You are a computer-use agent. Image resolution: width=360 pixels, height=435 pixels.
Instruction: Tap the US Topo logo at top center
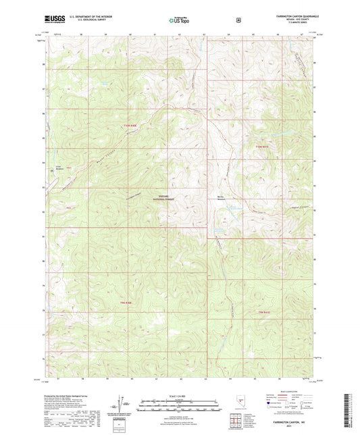tap(179, 20)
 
